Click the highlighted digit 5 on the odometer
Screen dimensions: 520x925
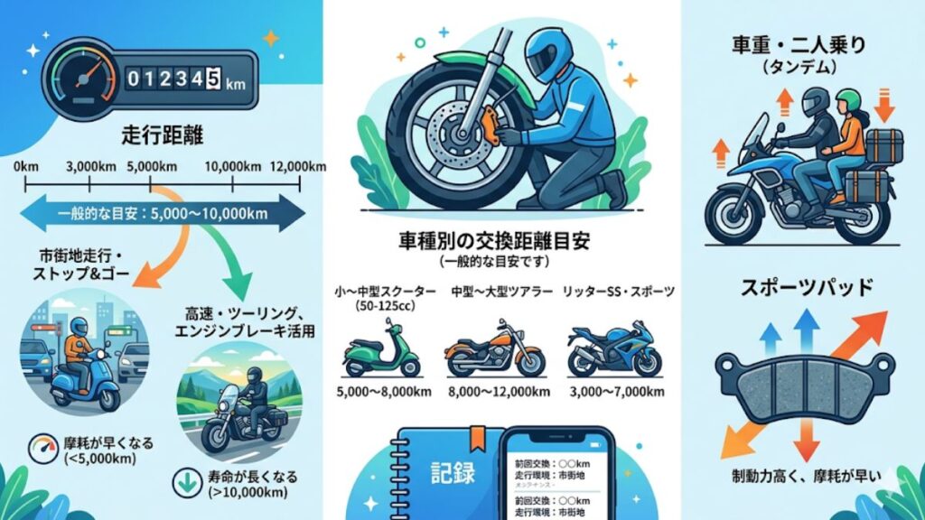pos(213,80)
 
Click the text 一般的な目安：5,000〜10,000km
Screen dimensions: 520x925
pos(163,215)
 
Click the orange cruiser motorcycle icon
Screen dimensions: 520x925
pos(495,349)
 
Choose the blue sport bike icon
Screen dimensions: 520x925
pos(613,349)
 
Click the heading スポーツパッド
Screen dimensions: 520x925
pos(807,289)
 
